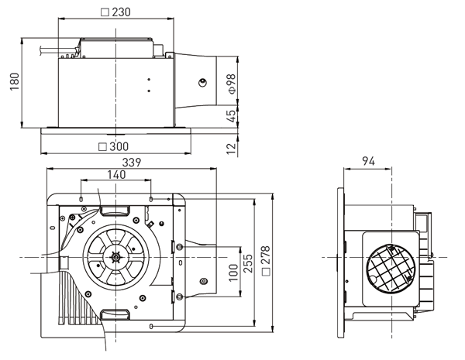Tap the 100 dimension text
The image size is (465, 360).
(x=232, y=273)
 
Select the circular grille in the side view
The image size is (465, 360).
(x=386, y=266)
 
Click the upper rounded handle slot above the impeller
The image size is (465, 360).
(x=114, y=211)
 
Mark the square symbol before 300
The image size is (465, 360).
(x=103, y=146)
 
